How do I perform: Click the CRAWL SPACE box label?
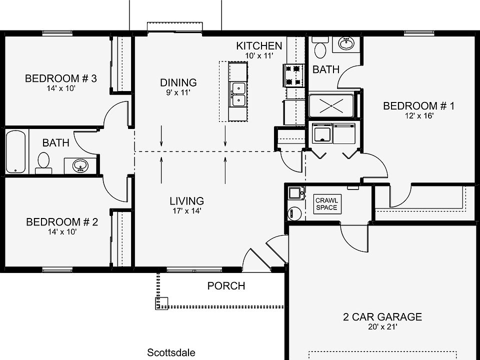pos(326,204)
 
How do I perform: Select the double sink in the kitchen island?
pos(238,94)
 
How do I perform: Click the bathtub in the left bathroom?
pos(16,151)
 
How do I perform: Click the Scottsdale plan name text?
pos(171,352)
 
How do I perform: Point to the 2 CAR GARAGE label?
pos(382,316)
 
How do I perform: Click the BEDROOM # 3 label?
pos(60,78)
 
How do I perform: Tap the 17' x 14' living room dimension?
pos(186,211)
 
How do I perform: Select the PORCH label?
pos(226,286)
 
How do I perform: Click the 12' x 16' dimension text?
pos(418,115)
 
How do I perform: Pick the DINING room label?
pos(178,82)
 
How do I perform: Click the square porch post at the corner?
pos(161,303)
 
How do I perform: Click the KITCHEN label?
pos(259,46)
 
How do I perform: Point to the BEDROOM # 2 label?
pos(61,222)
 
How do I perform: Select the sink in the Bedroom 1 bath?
pos(345,43)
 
